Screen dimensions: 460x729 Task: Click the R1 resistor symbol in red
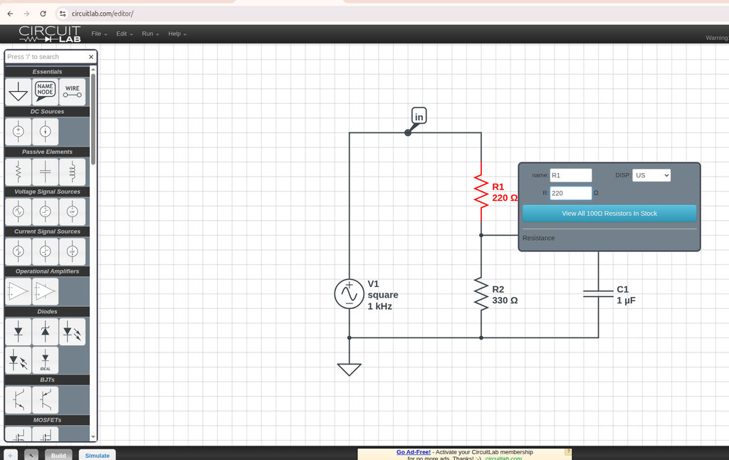pos(481,192)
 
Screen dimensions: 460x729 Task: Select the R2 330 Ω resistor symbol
pos(481,294)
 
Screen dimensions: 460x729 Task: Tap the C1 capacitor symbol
pos(598,294)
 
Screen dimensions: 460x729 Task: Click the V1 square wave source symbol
pos(349,294)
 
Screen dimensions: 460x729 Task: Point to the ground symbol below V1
pos(349,369)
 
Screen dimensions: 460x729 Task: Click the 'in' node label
pos(419,116)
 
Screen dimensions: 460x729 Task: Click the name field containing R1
pos(570,175)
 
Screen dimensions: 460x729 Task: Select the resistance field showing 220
pos(570,193)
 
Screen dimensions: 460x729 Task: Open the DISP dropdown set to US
pos(651,175)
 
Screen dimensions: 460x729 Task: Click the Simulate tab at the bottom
pos(98,455)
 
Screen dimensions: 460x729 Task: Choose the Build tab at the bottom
pos(58,455)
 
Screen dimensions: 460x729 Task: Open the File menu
pos(98,34)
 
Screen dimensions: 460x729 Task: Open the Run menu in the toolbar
pos(150,34)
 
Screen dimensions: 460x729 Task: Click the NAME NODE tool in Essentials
pos(46,91)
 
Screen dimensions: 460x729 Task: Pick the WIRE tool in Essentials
pos(73,91)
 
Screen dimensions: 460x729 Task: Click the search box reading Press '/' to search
pos(46,57)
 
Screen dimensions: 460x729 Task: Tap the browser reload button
pos(43,14)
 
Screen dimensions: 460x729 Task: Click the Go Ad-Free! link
pos(413,452)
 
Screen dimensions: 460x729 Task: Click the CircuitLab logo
pos(50,34)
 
